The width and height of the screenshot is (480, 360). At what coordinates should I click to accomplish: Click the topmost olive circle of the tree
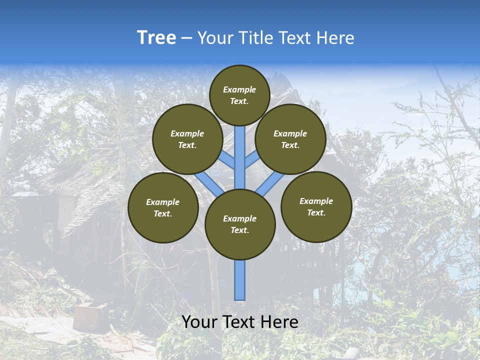pyautogui.click(x=239, y=95)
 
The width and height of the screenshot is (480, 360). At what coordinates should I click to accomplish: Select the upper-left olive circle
pyautogui.click(x=187, y=139)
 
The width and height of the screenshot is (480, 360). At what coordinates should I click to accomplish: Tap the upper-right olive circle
pyautogui.click(x=290, y=139)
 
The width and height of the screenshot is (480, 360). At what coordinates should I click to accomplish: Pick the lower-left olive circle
pyautogui.click(x=163, y=208)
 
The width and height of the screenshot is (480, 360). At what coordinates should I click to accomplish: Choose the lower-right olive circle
pyautogui.click(x=316, y=206)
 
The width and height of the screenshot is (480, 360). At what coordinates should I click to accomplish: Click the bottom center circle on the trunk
pyautogui.click(x=240, y=224)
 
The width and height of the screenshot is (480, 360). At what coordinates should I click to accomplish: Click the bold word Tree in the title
pyautogui.click(x=156, y=38)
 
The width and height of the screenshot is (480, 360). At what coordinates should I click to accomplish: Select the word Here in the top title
pyautogui.click(x=335, y=38)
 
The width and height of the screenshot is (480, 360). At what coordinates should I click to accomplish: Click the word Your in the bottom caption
pyautogui.click(x=199, y=322)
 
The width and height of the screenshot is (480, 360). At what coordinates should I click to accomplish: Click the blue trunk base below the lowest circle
pyautogui.click(x=240, y=280)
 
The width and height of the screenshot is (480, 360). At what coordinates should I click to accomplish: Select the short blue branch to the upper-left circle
pyautogui.click(x=226, y=160)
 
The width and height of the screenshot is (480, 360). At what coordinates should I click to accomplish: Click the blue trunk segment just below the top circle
pyautogui.click(x=240, y=150)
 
